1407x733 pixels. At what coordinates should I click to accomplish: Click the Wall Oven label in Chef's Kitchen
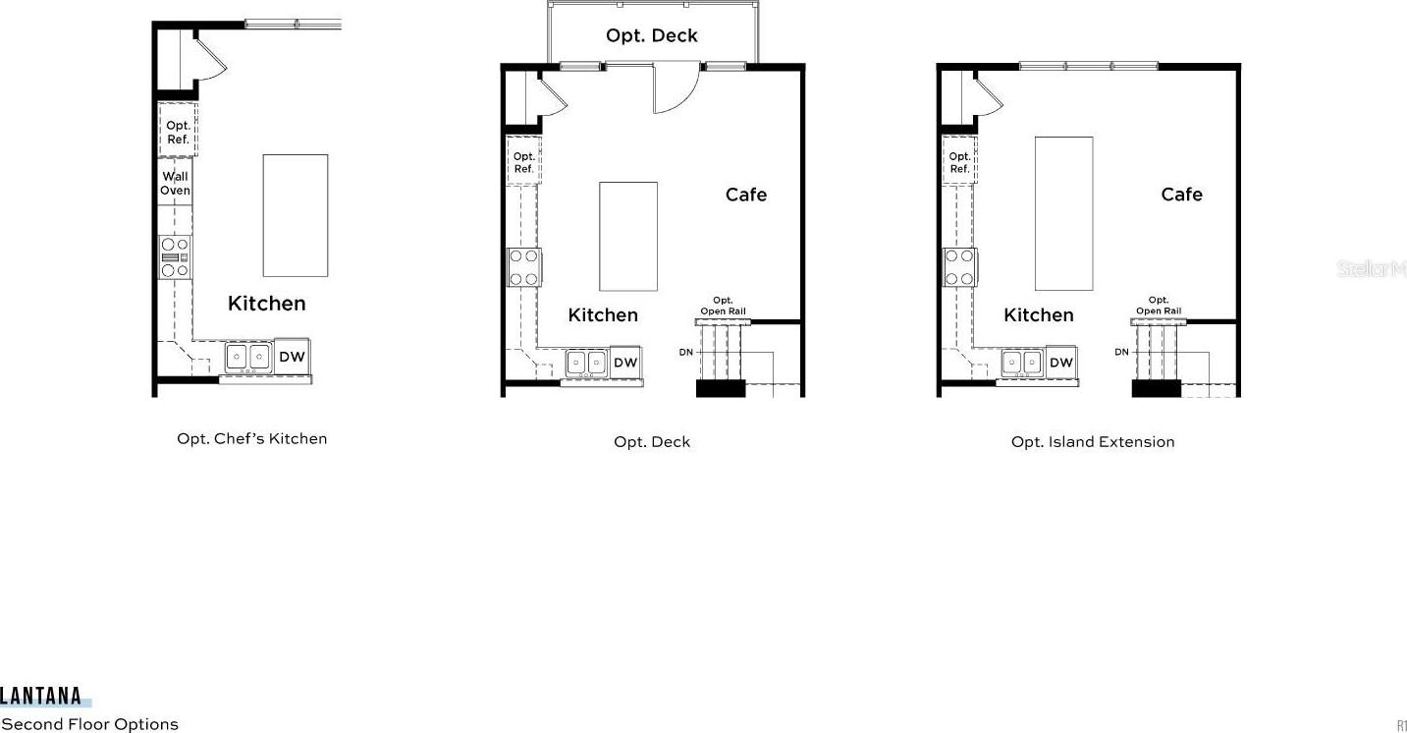175,183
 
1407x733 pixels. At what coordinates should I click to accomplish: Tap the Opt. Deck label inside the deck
651,35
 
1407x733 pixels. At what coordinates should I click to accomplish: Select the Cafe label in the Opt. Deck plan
745,195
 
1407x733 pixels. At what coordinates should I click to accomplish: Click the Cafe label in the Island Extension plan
1181,195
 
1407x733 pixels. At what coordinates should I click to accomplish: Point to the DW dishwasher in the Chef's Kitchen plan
292,357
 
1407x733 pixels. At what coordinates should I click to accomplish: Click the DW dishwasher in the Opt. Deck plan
625,363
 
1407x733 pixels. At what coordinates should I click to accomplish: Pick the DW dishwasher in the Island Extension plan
1061,363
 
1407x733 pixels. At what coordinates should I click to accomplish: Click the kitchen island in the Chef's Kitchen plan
296,215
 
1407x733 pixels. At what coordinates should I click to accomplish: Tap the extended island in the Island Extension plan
1064,214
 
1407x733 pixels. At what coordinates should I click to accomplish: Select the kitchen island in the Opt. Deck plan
628,237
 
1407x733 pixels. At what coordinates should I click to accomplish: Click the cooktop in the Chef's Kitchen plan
175,257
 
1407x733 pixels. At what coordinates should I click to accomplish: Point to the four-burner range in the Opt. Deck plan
524,266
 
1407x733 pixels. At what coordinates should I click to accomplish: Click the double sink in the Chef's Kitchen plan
248,357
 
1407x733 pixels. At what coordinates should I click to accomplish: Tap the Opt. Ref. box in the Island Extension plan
959,161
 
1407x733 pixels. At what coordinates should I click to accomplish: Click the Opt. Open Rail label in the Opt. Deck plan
723,306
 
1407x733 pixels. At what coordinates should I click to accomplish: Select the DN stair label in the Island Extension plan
1121,352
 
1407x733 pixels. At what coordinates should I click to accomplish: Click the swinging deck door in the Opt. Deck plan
676,87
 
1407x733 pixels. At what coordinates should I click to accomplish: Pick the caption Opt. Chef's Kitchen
252,439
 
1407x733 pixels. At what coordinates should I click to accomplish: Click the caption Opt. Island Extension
1093,442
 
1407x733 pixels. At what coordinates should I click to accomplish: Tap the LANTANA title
41,696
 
